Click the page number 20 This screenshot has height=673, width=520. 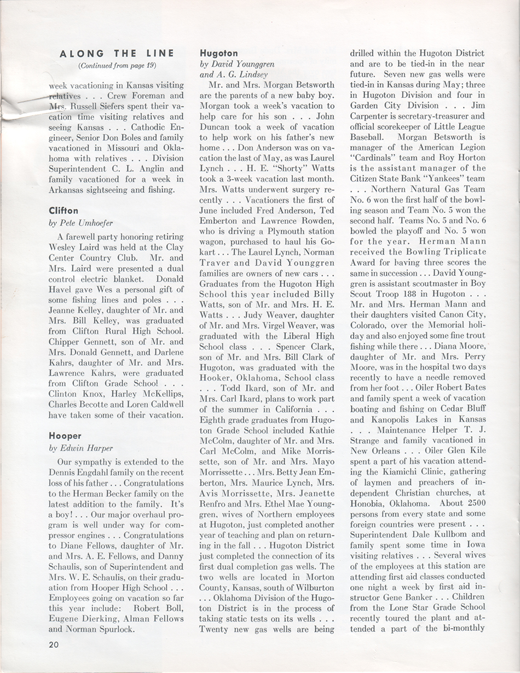pyautogui.click(x=53, y=644)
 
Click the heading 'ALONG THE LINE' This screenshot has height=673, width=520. pyautogui.click(x=117, y=53)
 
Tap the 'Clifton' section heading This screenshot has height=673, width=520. pyautogui.click(x=62, y=210)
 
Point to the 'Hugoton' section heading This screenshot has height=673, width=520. pyautogui.click(x=218, y=53)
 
